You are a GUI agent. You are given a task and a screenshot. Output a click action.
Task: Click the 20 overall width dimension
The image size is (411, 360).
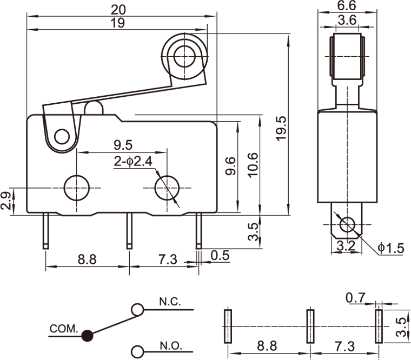pos(118,9)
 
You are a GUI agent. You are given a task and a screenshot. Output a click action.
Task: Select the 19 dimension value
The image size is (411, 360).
pos(118,23)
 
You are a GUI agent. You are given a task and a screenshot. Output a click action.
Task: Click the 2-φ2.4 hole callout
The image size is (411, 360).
pos(134,161)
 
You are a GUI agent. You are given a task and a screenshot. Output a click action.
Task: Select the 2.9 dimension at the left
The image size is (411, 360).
pos(6,201)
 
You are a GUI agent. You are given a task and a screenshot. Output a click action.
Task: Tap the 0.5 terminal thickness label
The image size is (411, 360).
pos(220,255)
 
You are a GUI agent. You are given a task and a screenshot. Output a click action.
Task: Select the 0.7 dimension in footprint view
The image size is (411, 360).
pos(356,297)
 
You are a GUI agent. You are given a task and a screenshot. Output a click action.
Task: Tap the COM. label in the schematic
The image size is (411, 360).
pos(64,328)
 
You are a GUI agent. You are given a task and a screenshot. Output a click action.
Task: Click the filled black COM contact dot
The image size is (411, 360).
pos(86,336)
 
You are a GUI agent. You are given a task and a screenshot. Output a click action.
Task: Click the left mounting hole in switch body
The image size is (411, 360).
pos(76,188)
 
